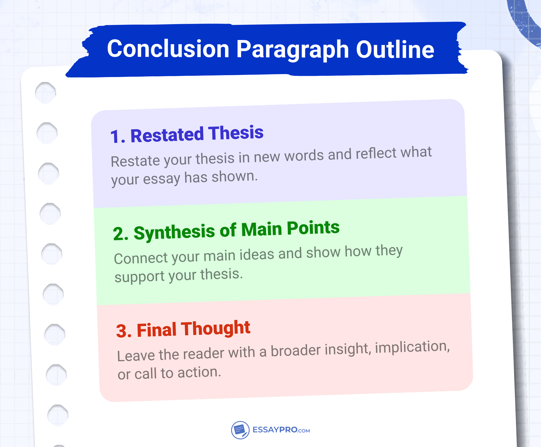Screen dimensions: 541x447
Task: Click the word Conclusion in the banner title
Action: point(168,49)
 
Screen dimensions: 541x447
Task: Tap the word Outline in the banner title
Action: point(395,50)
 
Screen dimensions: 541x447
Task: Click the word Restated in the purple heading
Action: point(167,135)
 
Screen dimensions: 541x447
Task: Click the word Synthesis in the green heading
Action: point(174,232)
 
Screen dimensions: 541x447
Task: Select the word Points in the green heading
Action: point(313,228)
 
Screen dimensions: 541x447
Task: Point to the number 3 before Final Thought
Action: point(121,331)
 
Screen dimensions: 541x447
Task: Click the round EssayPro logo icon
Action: point(240,430)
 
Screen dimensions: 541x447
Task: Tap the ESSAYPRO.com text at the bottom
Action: point(281,430)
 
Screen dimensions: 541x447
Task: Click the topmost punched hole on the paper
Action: point(46,93)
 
